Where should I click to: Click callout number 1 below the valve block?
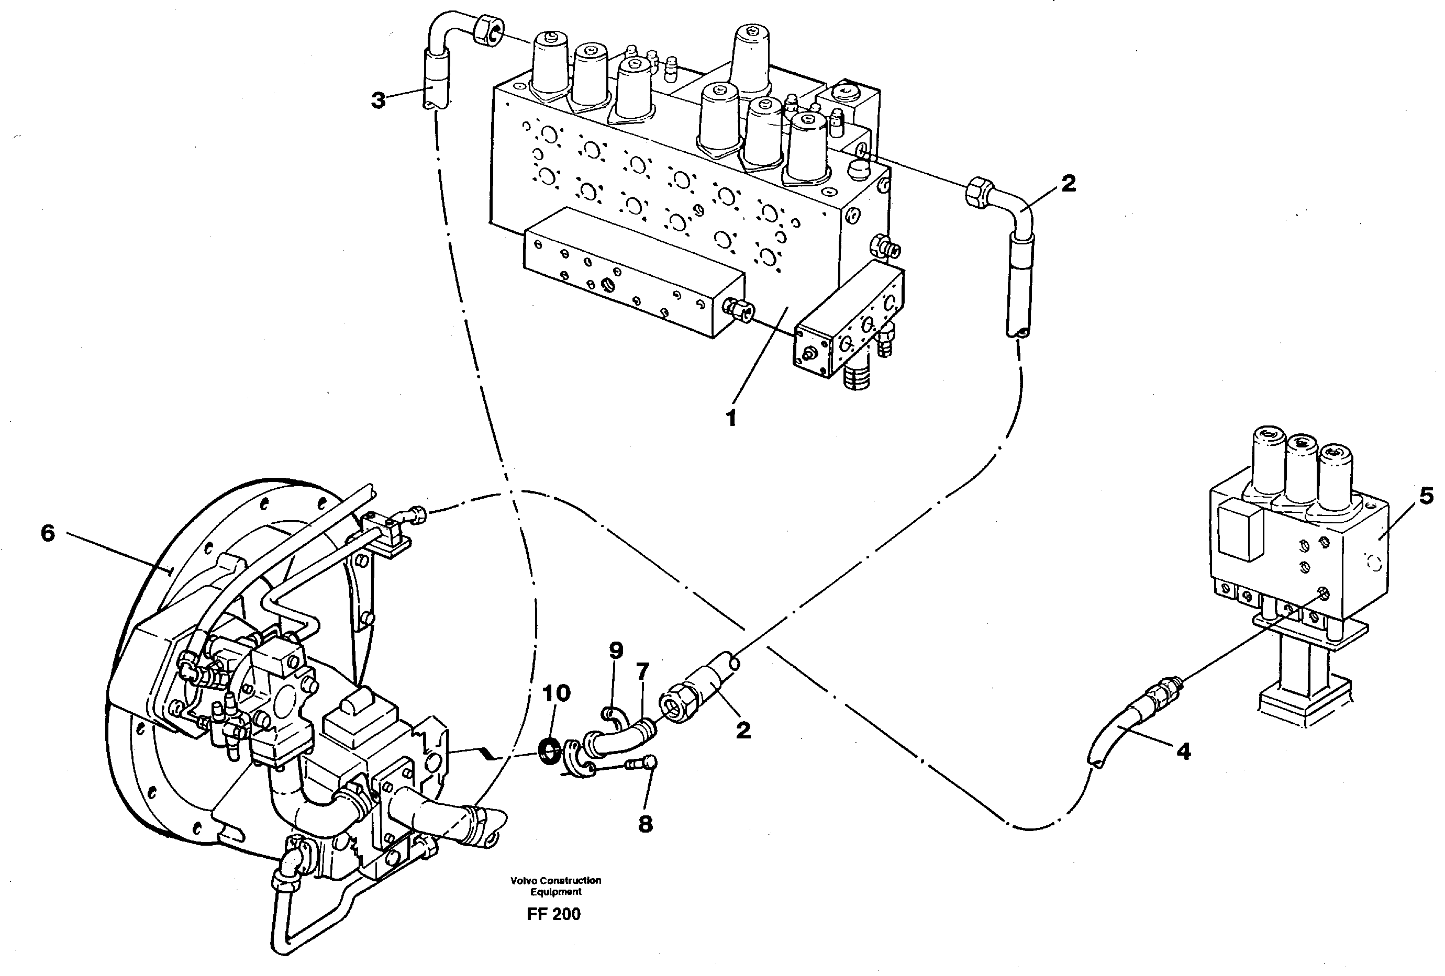coord(731,418)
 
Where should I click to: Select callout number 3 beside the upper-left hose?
coord(378,99)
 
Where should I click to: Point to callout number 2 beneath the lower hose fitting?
coord(743,731)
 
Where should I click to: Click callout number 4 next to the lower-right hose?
coord(1183,751)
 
